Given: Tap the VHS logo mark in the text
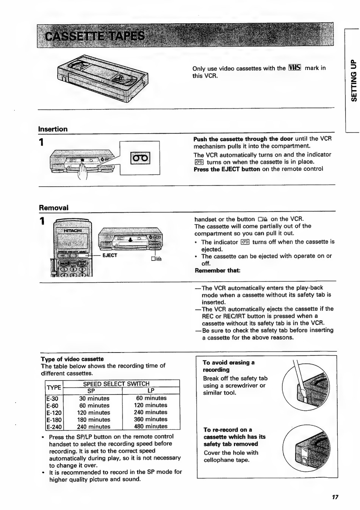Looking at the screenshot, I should [294, 68].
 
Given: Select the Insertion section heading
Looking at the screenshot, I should [53, 129].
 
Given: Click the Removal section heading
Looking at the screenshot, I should [53, 208].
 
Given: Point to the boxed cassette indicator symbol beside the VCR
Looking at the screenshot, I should [140, 158].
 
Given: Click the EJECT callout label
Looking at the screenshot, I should [110, 256].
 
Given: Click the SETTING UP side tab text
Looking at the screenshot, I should [354, 81].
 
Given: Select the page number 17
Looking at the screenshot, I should [335, 497].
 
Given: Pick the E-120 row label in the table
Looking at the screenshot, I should [54, 413].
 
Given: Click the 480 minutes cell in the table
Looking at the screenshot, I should [150, 426].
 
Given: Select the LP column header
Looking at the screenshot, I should [151, 391].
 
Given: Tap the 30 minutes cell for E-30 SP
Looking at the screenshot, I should [94, 398].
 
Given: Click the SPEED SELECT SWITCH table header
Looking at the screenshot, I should [116, 384].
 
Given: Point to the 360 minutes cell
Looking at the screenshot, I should [150, 420].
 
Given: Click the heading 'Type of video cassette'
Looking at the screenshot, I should [72, 359].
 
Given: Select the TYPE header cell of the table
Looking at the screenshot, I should [54, 387].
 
